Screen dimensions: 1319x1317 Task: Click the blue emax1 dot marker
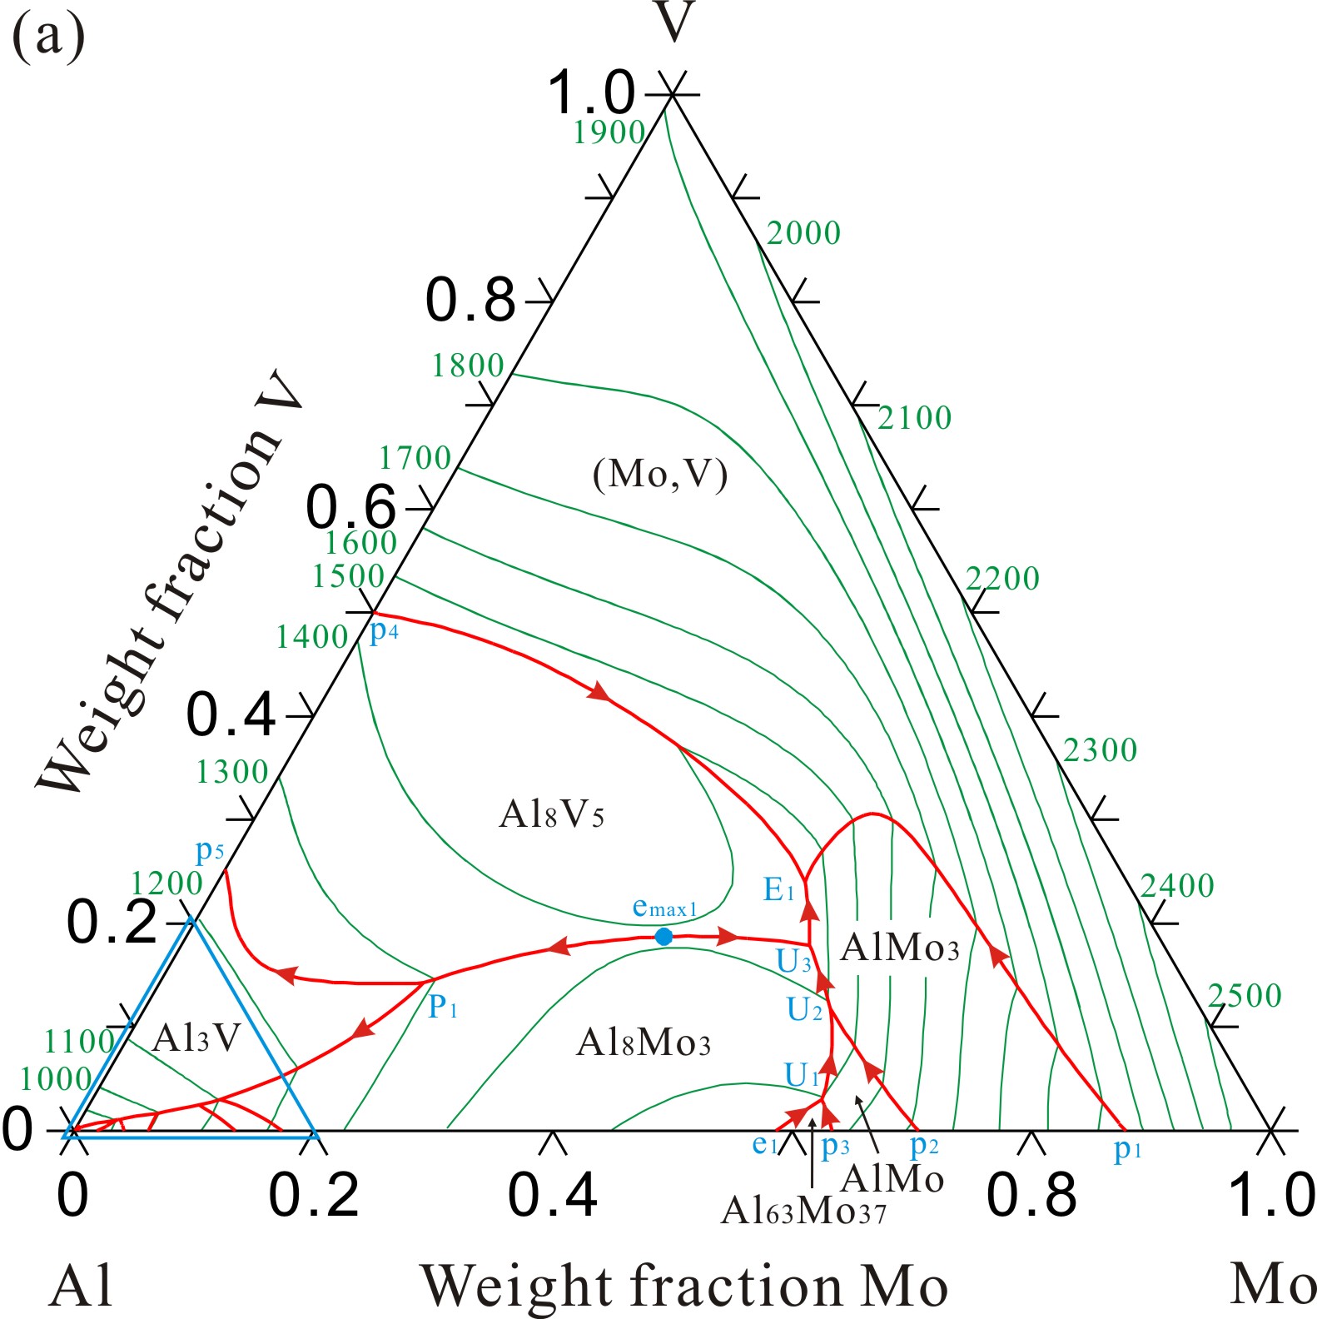click(663, 937)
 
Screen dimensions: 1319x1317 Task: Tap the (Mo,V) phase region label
click(660, 475)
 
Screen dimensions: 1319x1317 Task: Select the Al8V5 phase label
click(551, 814)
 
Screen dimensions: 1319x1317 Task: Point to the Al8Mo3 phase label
click(643, 1043)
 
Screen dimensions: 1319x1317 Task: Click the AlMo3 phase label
click(899, 948)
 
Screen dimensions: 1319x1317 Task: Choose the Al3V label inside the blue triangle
click(196, 1038)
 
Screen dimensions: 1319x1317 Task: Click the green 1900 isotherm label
click(609, 132)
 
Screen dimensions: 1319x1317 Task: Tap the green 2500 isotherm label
click(1245, 996)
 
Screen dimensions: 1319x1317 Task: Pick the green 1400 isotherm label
click(312, 637)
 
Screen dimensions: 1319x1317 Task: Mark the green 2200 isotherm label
click(1002, 579)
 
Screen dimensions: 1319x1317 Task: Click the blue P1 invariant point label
click(443, 1008)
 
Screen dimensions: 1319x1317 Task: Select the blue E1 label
click(779, 891)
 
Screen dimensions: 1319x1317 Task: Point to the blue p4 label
click(384, 631)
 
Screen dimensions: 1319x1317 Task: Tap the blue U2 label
click(804, 1010)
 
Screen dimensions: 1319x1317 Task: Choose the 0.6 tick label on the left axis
click(350, 507)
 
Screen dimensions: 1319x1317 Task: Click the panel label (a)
click(48, 37)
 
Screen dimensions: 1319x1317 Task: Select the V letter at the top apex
click(673, 22)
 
